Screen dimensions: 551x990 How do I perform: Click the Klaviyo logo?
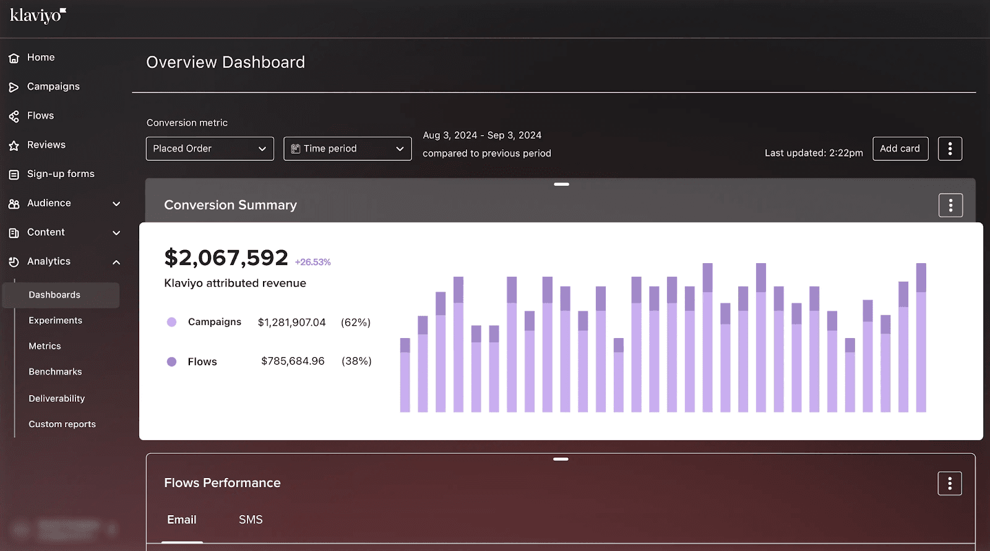38,15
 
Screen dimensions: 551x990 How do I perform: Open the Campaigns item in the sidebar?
53,87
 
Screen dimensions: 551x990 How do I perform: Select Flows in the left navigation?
40,116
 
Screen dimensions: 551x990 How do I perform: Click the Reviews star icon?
14,145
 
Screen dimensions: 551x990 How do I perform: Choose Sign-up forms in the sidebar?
61,174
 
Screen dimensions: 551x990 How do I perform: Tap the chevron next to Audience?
116,204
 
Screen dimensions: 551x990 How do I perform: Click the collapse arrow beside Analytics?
116,262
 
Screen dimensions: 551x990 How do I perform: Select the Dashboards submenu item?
54,295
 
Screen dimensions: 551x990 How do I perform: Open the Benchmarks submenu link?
55,372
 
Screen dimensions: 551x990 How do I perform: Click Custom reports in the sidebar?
62,424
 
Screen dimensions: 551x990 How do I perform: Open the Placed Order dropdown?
210,149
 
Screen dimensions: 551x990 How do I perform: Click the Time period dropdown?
347,149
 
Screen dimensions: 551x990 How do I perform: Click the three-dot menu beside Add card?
950,149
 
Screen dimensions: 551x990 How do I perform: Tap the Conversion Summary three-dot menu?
950,206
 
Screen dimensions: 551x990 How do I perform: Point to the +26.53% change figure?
312,262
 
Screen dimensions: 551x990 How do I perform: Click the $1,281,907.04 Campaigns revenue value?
291,323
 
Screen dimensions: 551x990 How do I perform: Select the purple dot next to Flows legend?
172,362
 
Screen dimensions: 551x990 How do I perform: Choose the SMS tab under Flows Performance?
251,520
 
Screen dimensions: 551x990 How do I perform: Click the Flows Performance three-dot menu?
950,484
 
